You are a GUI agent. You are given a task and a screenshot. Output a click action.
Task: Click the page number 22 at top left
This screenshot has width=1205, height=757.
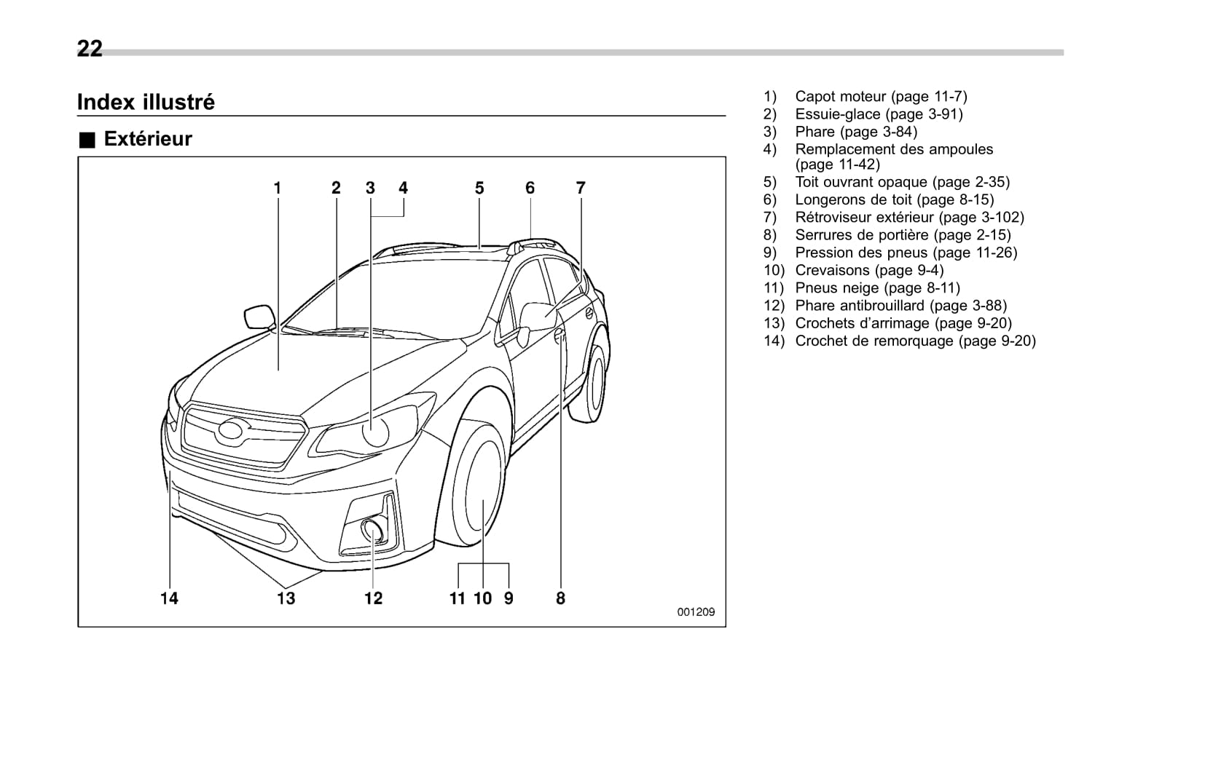[x=90, y=49]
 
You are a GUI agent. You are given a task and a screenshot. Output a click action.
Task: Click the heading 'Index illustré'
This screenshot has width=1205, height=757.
[x=146, y=102]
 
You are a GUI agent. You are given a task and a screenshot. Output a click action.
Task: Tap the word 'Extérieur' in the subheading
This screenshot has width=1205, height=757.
[x=148, y=139]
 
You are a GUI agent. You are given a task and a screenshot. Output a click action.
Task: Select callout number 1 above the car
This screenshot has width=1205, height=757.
[x=278, y=188]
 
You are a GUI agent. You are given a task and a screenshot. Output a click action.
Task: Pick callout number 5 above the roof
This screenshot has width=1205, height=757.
[x=479, y=188]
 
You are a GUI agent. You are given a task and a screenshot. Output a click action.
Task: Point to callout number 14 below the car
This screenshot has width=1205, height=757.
[x=169, y=598]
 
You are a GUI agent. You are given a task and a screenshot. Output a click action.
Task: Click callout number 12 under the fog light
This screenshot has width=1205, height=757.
[x=373, y=598]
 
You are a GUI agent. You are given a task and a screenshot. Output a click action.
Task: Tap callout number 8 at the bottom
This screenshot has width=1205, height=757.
[x=560, y=598]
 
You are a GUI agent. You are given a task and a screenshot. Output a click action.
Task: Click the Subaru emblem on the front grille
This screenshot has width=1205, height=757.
[x=231, y=430]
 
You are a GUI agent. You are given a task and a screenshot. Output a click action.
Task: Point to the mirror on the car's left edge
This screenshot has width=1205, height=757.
[x=259, y=317]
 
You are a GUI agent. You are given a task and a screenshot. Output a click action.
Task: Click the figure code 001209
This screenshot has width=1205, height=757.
[x=696, y=612]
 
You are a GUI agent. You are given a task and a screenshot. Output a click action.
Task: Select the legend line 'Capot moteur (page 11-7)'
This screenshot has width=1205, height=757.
[x=881, y=96]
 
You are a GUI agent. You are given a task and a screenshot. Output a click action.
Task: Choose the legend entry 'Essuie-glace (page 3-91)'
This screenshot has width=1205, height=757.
[x=879, y=114]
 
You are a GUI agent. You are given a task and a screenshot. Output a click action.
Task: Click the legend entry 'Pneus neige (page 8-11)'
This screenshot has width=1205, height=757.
[x=877, y=288]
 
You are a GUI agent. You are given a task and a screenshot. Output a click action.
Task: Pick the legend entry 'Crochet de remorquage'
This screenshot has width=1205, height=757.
[x=915, y=341]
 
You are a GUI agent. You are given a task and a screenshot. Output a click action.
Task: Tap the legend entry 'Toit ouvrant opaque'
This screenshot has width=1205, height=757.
[x=902, y=182]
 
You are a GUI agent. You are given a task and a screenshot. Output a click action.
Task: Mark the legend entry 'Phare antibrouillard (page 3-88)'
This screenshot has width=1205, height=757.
[x=900, y=306]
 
